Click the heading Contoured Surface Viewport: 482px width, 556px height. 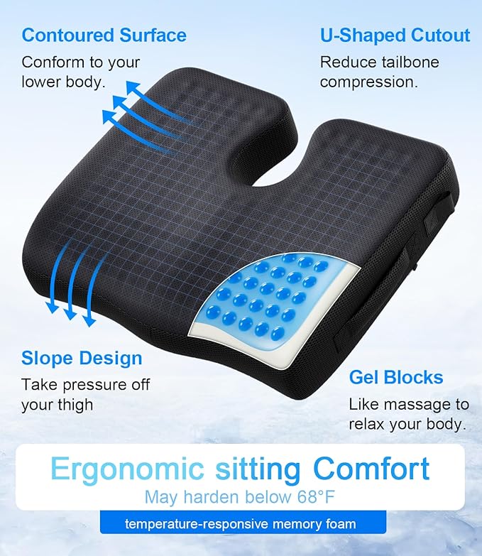coord(104,35)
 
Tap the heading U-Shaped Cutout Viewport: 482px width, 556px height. coord(395,35)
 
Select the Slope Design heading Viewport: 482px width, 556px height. coord(82,357)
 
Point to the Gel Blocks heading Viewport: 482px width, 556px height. coord(396,376)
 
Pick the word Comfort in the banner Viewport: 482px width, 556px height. coord(372,469)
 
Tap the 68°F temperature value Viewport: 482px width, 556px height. coord(307,497)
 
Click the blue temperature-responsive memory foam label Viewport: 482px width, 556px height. coord(241,524)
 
